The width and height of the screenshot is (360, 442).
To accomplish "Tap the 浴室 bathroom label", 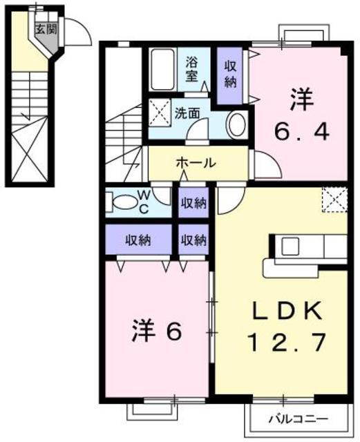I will (x=192, y=68).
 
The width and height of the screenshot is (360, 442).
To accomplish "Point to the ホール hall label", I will (x=196, y=163).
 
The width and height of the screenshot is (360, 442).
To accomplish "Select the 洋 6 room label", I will (x=157, y=332).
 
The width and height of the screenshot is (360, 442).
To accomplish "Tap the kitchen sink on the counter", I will (x=290, y=247).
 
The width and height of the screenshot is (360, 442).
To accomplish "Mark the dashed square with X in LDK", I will (x=334, y=200).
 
